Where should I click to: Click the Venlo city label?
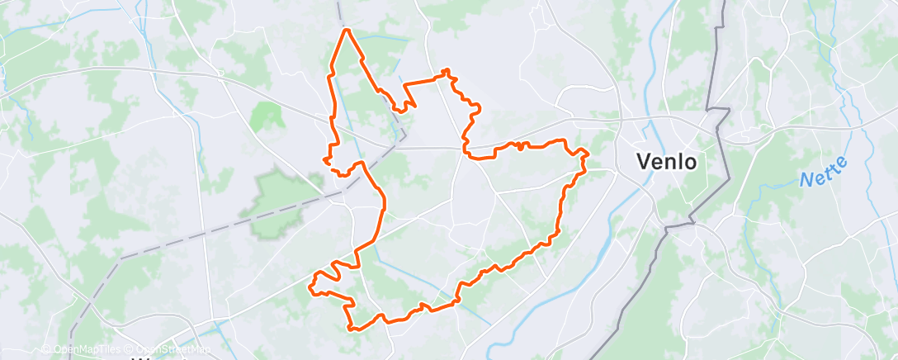667,162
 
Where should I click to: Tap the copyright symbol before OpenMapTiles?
46,350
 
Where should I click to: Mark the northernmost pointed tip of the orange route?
347,30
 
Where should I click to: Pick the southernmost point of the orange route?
352,329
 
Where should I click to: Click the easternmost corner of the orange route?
587,153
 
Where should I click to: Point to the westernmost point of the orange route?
310,287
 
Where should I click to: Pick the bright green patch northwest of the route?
263,115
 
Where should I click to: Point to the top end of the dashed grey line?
338,5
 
